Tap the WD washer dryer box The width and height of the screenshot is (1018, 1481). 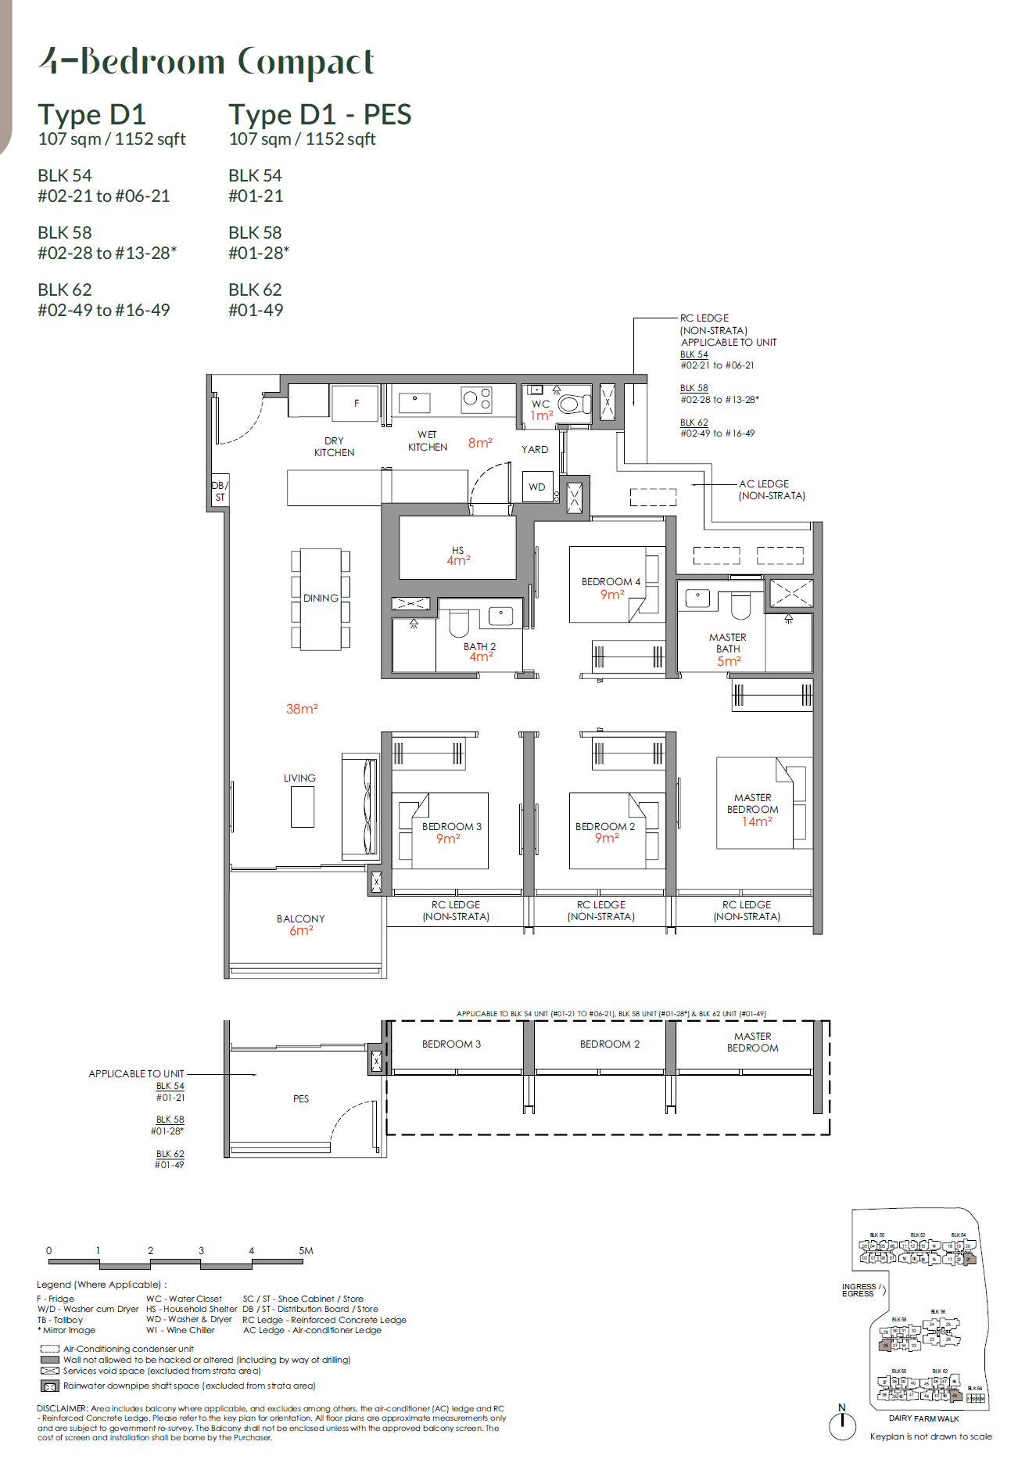coord(537,487)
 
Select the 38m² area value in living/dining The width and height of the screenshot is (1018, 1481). coord(301,709)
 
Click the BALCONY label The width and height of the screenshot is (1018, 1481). coord(300,918)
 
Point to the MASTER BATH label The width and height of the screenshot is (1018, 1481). coord(727,643)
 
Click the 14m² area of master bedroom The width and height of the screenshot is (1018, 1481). coord(756,821)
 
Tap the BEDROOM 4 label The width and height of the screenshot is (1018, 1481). coord(611,581)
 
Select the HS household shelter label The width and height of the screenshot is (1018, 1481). coord(457,550)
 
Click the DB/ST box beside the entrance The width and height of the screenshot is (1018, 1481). coord(219,491)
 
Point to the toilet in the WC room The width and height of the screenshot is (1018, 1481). coord(572,404)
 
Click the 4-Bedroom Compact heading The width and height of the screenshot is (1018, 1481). coord(206,62)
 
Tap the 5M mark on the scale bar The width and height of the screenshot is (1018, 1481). coord(306,1250)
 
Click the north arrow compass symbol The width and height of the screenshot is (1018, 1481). coord(842,1423)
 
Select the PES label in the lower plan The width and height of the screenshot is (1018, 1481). coord(301,1098)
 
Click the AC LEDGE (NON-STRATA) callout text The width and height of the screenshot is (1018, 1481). coord(771,490)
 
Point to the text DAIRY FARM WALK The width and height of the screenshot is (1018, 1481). coord(923,1418)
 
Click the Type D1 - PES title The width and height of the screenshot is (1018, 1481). coord(320,115)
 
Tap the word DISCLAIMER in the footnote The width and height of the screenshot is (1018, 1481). coord(62,1407)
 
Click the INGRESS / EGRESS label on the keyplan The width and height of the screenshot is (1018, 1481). coord(860,1290)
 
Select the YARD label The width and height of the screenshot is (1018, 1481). coord(535,449)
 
